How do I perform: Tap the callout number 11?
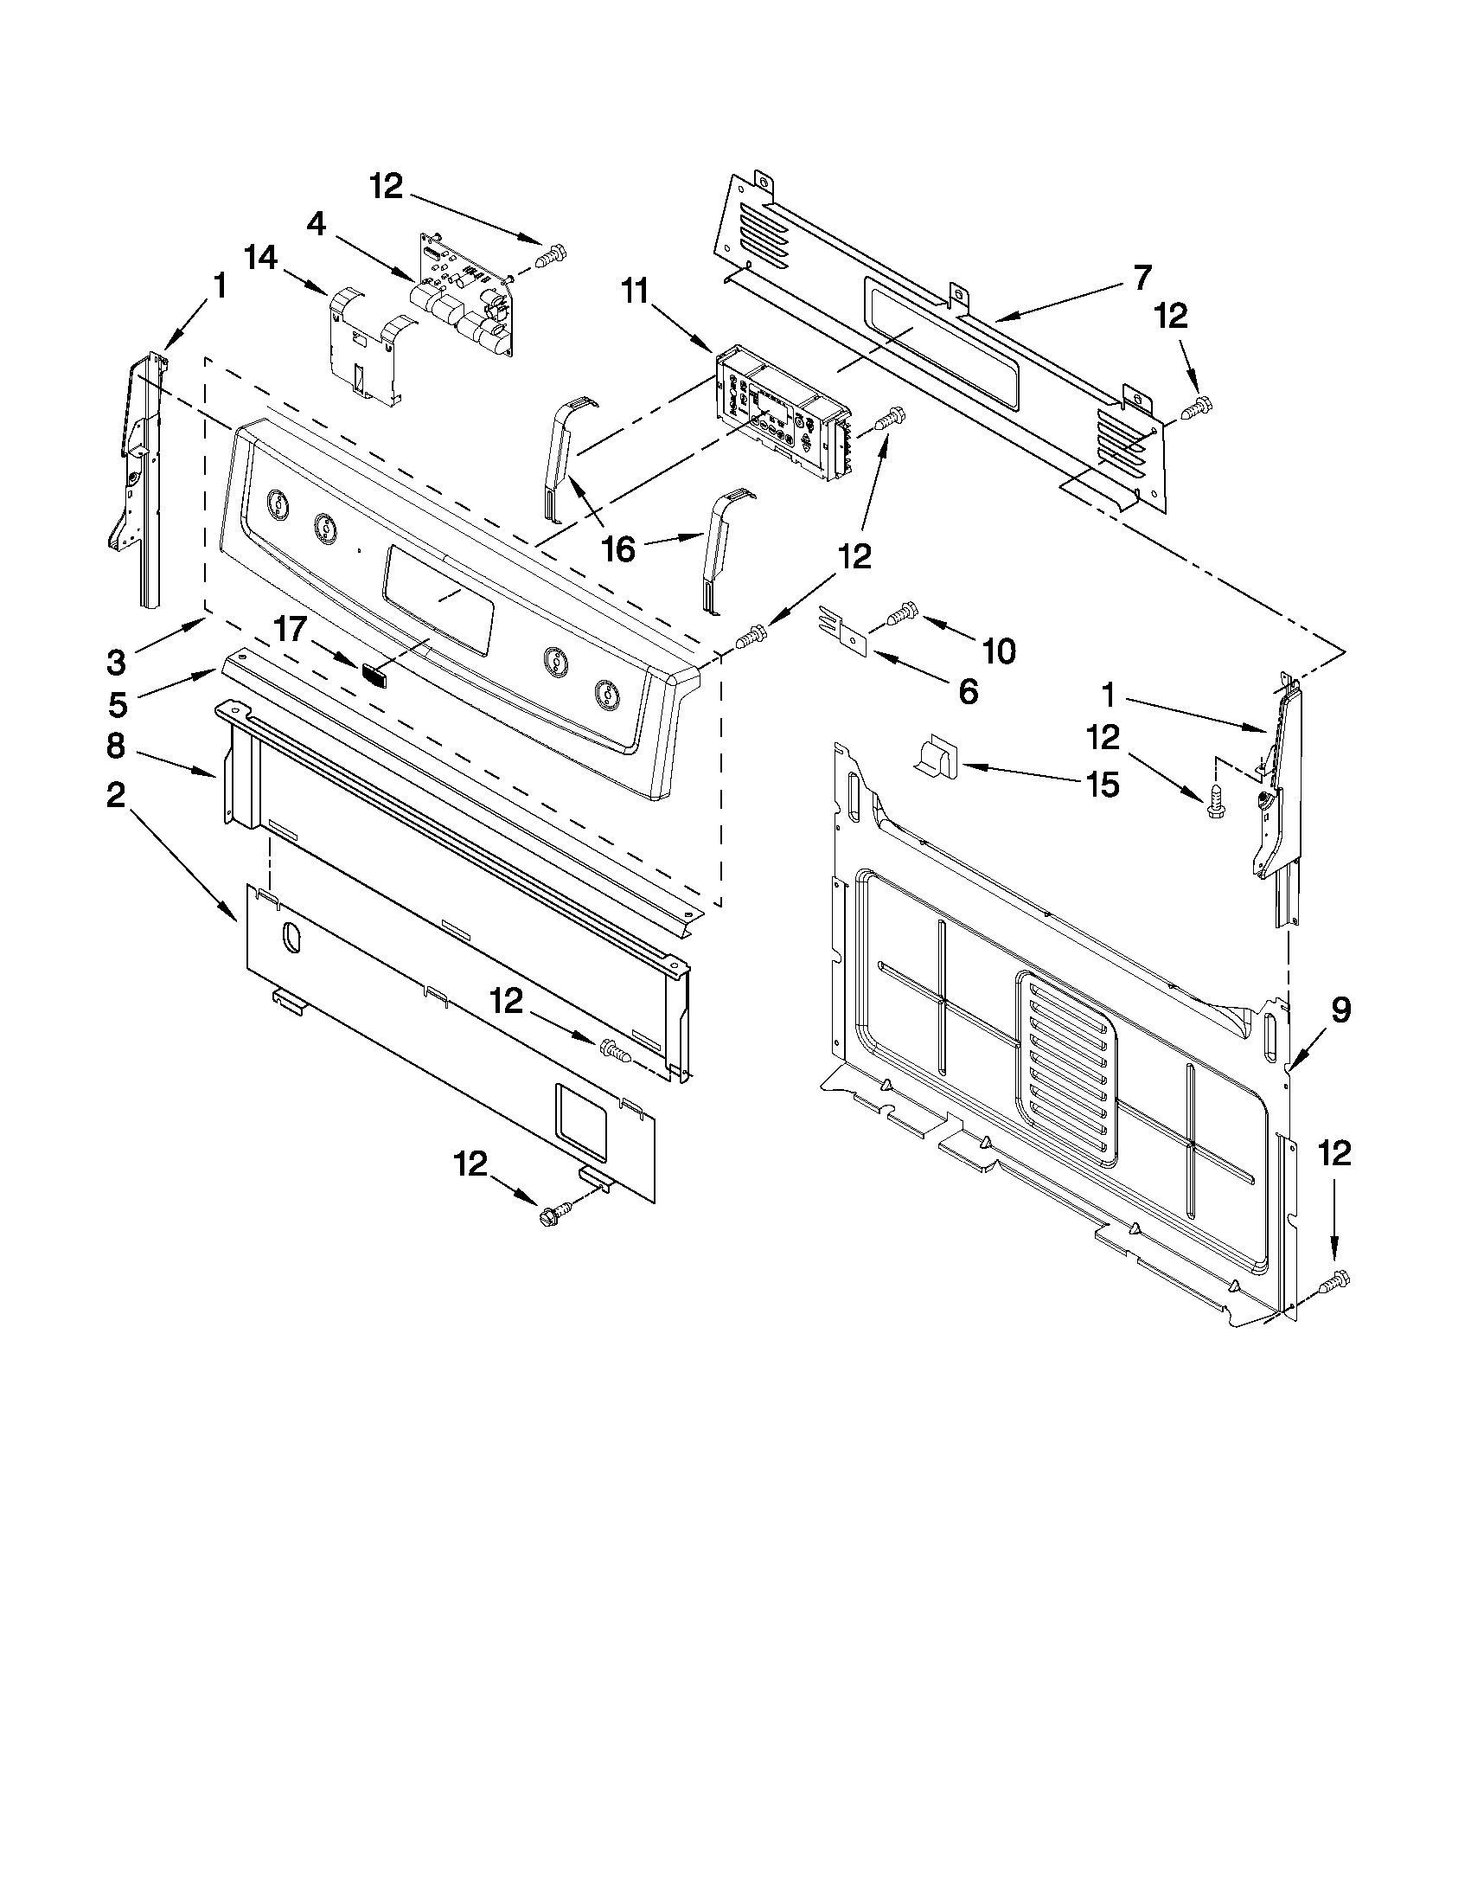click(x=636, y=292)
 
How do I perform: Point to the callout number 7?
click(x=1142, y=276)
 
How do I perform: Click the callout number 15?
click(x=1103, y=785)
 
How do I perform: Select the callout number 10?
click(x=1000, y=650)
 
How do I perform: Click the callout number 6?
click(x=969, y=691)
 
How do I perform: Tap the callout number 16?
click(x=618, y=550)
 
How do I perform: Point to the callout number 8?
click(x=116, y=747)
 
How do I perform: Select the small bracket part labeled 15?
click(x=935, y=755)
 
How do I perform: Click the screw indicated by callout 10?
click(x=901, y=614)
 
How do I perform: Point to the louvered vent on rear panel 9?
click(x=1065, y=1068)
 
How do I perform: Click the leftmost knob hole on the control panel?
click(x=276, y=502)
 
